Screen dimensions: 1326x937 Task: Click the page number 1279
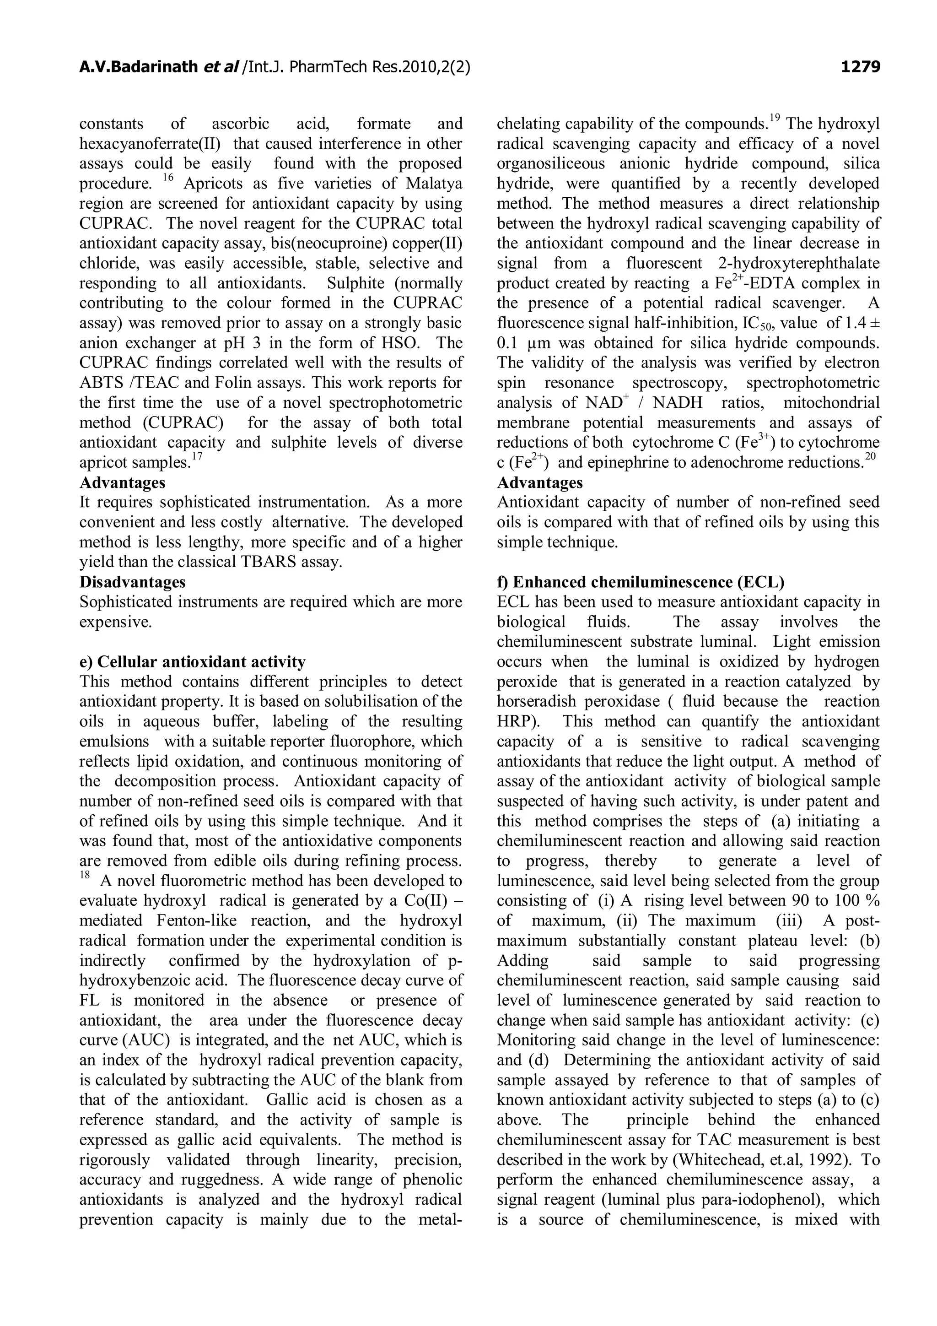tap(860, 68)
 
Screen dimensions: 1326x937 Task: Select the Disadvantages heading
tap(132, 582)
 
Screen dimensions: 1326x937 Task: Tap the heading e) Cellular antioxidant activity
tap(192, 661)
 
